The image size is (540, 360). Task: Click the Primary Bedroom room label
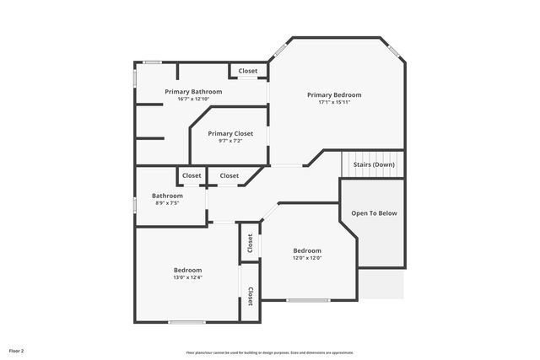click(x=334, y=94)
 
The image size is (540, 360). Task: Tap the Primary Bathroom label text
click(x=193, y=91)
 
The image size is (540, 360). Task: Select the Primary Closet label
click(x=230, y=133)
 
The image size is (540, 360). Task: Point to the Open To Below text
click(x=374, y=213)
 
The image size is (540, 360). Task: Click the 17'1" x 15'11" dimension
click(x=334, y=103)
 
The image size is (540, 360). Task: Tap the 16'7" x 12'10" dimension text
click(x=193, y=99)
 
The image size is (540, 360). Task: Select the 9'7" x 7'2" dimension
click(x=230, y=142)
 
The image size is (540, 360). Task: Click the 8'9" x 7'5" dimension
click(x=166, y=203)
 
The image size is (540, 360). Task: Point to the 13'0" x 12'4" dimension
click(x=187, y=277)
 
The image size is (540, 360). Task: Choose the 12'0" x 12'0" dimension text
click(x=307, y=258)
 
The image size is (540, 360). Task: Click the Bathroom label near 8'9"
click(x=166, y=196)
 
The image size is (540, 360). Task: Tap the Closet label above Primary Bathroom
click(x=248, y=71)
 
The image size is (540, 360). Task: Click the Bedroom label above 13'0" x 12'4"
click(x=187, y=270)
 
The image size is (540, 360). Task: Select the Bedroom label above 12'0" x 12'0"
click(x=307, y=250)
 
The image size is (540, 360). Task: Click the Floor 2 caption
click(x=17, y=350)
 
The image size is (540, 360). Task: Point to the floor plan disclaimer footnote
click(x=270, y=352)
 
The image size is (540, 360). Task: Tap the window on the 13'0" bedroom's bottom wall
click(x=186, y=322)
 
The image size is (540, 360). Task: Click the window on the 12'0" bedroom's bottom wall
click(x=308, y=300)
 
